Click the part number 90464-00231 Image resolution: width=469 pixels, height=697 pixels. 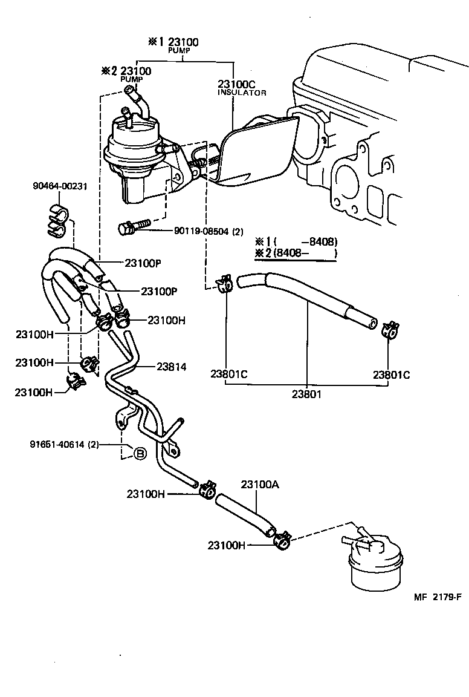(60, 186)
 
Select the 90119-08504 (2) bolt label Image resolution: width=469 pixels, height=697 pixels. (209, 231)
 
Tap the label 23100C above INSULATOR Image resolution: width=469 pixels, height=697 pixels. (238, 85)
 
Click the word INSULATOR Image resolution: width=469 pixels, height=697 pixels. (242, 93)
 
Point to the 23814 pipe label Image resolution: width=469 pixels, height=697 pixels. (172, 366)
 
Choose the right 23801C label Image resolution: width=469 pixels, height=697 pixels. (391, 375)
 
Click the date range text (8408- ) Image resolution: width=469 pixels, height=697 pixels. (303, 253)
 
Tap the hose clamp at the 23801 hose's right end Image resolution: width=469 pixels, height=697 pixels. (389, 329)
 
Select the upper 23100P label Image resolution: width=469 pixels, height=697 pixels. (143, 263)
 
